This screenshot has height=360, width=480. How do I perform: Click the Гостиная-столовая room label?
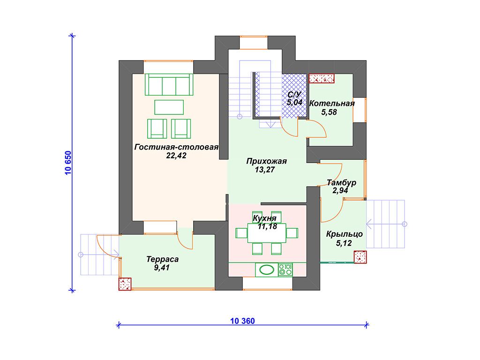[x=176, y=147]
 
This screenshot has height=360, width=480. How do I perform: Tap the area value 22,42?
[x=176, y=156]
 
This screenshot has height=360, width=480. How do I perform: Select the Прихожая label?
[x=266, y=161]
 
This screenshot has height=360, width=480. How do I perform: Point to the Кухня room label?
[x=264, y=218]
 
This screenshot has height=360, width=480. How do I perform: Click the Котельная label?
[x=331, y=104]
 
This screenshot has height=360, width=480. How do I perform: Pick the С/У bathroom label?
[x=294, y=95]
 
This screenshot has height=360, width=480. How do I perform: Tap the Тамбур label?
[x=341, y=183]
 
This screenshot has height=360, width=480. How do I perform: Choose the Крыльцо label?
[x=344, y=234]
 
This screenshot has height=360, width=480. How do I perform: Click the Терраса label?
[x=162, y=259]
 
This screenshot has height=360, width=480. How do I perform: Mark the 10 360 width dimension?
[x=242, y=321]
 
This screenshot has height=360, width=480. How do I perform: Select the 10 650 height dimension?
[x=68, y=163]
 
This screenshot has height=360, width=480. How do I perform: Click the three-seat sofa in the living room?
[x=169, y=84]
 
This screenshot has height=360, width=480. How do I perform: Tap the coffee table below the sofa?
[x=169, y=107]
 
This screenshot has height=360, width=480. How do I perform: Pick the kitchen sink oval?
[x=267, y=270]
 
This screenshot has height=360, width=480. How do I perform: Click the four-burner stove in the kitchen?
[x=285, y=270]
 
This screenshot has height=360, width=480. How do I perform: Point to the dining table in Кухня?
[x=267, y=232]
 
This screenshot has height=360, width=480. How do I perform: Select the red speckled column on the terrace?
[x=125, y=284]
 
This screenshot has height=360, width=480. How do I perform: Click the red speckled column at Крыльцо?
[x=360, y=257]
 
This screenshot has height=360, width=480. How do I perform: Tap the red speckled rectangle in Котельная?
[x=322, y=78]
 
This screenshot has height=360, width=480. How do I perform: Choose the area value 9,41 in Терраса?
[x=162, y=268]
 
